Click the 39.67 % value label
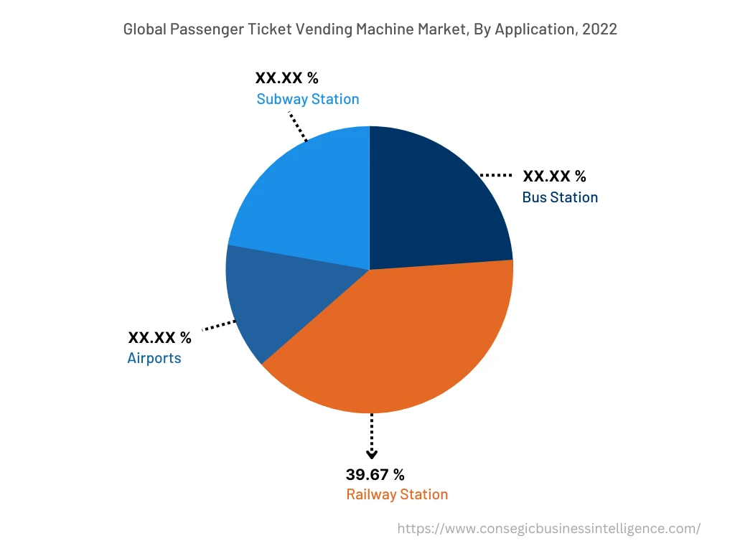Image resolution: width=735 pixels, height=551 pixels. click(x=375, y=475)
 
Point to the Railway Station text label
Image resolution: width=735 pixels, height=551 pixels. click(x=397, y=494)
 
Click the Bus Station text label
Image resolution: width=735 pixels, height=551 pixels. click(x=560, y=197)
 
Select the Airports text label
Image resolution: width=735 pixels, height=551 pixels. click(x=154, y=357)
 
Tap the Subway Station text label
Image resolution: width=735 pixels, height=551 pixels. click(x=308, y=99)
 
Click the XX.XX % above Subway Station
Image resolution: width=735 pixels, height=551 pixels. click(x=286, y=77)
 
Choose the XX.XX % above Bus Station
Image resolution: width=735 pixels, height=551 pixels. click(x=554, y=176)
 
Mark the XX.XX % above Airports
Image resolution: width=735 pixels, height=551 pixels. click(x=159, y=337)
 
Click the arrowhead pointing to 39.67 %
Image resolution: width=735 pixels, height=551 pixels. click(x=371, y=453)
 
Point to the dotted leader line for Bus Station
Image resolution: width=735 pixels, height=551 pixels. click(x=495, y=175)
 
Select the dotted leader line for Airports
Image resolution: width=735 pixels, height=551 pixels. click(x=219, y=326)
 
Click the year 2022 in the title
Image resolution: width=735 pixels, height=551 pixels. click(x=599, y=29)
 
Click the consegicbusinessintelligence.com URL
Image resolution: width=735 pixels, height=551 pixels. click(x=549, y=529)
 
